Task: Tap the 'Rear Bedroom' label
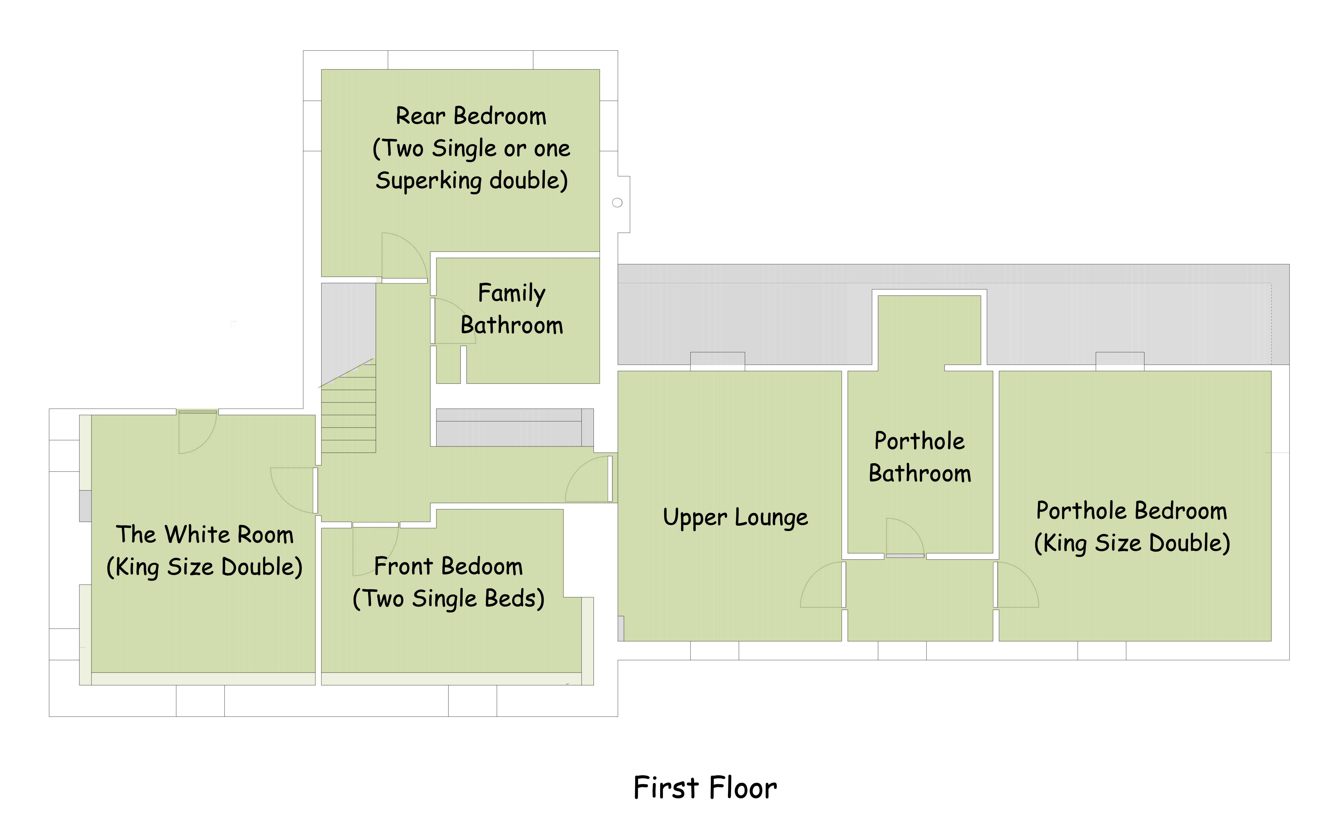click(x=471, y=116)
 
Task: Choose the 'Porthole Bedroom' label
click(x=1132, y=510)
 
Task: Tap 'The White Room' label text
click(x=205, y=535)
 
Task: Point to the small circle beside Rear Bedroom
click(x=617, y=202)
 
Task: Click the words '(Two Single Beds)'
click(x=449, y=599)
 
